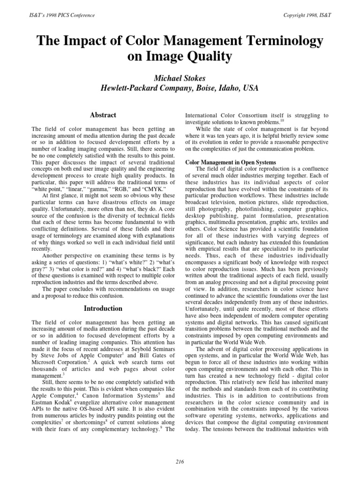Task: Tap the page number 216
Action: [180, 462]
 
